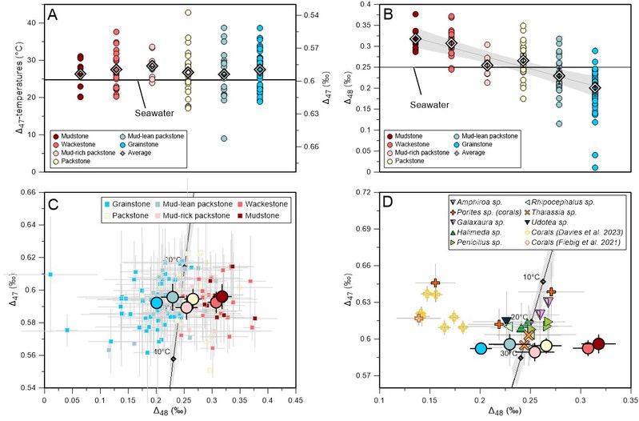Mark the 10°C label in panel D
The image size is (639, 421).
pos(530,277)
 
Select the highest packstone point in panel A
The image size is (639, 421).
pos(188,13)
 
